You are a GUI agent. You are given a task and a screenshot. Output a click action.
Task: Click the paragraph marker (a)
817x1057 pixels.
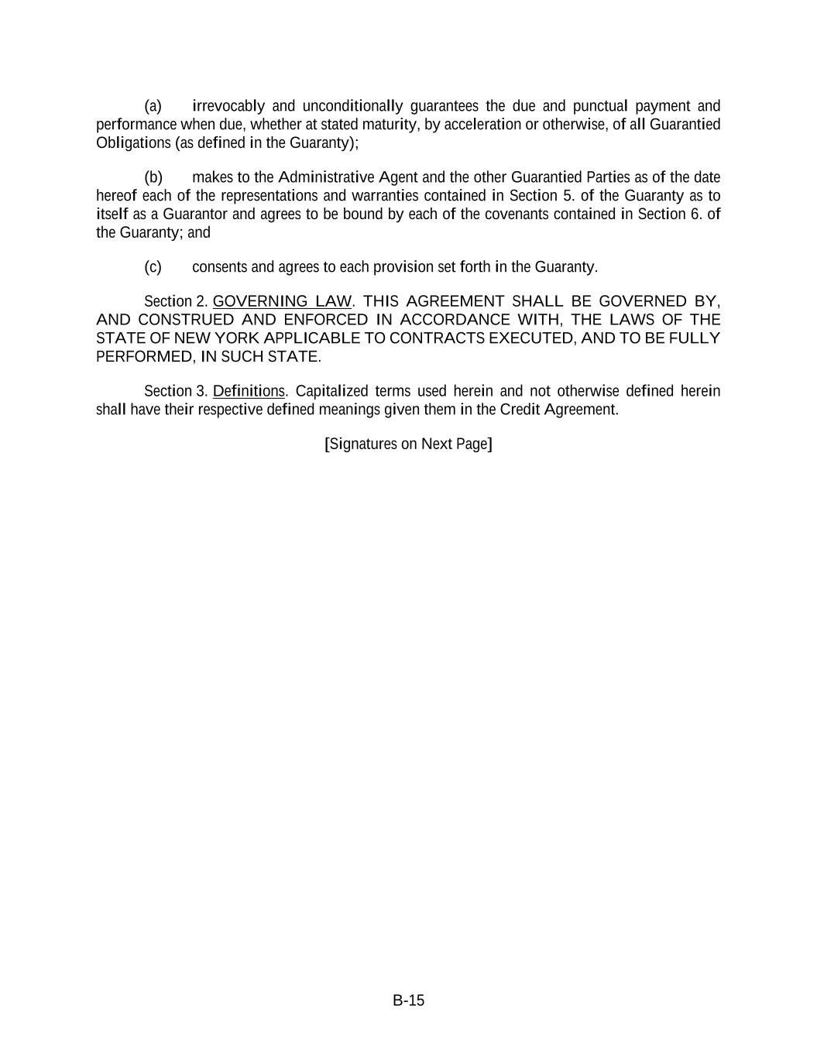(x=153, y=106)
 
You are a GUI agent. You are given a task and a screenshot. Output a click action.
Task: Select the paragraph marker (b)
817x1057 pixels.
(x=153, y=177)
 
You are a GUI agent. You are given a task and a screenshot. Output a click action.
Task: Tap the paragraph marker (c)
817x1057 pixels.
(x=153, y=267)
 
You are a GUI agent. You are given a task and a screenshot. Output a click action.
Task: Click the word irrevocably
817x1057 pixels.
(x=228, y=106)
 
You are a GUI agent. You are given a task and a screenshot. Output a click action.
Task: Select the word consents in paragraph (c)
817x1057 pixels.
(x=219, y=267)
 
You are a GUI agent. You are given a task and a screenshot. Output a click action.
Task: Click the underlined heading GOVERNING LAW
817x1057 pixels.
(x=282, y=301)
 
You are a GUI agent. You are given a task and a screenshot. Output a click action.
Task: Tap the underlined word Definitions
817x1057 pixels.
(x=249, y=391)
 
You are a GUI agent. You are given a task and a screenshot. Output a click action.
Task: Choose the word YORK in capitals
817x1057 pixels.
(x=237, y=338)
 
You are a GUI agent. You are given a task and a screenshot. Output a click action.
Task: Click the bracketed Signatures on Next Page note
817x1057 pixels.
(x=408, y=444)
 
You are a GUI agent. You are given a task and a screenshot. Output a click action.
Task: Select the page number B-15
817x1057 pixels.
(x=408, y=1000)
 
